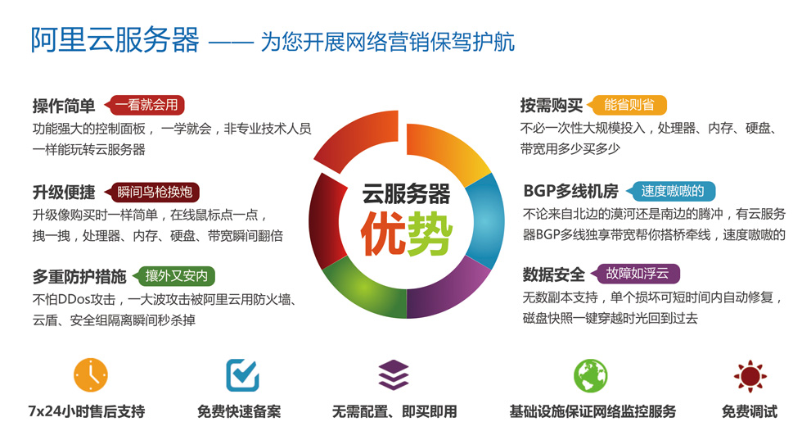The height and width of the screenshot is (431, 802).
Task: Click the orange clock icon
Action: pyautogui.click(x=91, y=375)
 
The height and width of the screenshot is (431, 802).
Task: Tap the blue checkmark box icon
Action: pyautogui.click(x=242, y=375)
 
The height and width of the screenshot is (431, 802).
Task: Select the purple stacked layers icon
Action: pyautogui.click(x=394, y=375)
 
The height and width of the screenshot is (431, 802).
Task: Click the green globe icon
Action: pyautogui.click(x=591, y=376)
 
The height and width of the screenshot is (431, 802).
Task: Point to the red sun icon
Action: pyautogui.click(x=750, y=376)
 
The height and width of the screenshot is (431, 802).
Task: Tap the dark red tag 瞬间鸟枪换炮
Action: pyautogui.click(x=152, y=192)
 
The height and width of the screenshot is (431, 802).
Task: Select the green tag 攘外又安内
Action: pyautogui.click(x=173, y=276)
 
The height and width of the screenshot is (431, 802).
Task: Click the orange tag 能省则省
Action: pyautogui.click(x=627, y=106)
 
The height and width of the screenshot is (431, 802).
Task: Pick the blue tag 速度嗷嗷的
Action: pyautogui.click(x=670, y=192)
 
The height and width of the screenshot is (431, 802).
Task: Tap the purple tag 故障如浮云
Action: pyautogui.click(x=635, y=274)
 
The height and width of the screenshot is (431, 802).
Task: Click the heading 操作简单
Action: pyautogui.click(x=64, y=106)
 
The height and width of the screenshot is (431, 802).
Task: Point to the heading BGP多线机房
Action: pyautogui.click(x=570, y=192)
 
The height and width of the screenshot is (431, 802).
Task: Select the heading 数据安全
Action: pyautogui.click(x=553, y=274)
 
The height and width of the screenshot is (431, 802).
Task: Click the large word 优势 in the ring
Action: pyautogui.click(x=407, y=234)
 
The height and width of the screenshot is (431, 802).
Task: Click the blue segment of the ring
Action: pyautogui.click(x=486, y=220)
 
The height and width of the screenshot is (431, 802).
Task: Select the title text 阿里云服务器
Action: pyautogui.click(x=115, y=40)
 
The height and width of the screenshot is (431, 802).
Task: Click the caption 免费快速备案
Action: pyautogui.click(x=239, y=411)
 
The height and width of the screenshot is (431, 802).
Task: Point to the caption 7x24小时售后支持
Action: pyautogui.click(x=87, y=411)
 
